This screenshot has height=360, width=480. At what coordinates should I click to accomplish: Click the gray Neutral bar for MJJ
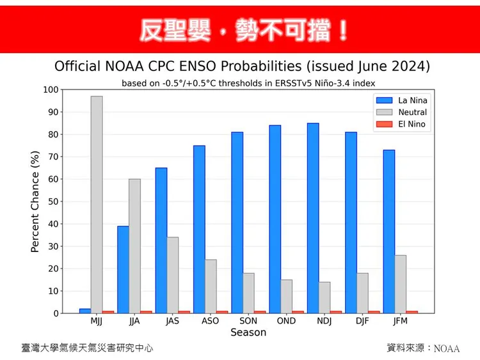[x=97, y=205]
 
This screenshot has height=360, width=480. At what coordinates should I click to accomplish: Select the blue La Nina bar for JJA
[x=123, y=269]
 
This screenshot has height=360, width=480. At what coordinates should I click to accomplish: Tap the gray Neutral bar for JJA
[x=134, y=246]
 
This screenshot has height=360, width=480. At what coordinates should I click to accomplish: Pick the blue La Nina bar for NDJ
[x=313, y=218]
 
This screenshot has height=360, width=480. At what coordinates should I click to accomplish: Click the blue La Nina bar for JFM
[x=388, y=231]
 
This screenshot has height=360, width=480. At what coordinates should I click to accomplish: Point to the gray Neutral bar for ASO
[x=211, y=286]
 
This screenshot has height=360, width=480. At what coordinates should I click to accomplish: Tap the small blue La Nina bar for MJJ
[x=85, y=311]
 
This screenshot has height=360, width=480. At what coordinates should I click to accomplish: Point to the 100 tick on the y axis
[x=50, y=90]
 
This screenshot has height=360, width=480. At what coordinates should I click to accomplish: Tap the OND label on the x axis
[x=286, y=321]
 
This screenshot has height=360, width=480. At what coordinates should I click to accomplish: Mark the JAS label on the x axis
[x=172, y=321]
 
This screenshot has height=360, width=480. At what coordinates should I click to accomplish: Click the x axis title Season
[x=248, y=333]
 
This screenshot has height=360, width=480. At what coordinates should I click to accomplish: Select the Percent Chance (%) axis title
[x=35, y=201]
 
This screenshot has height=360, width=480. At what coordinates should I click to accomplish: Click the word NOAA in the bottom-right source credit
[x=447, y=348]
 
